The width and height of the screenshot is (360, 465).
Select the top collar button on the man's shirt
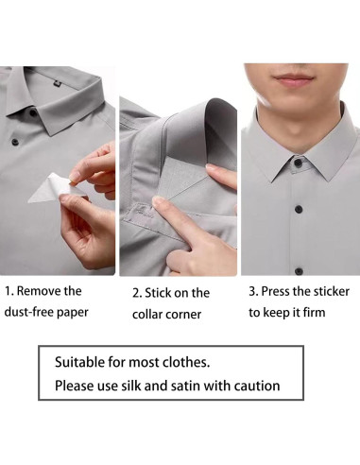tap(298, 164)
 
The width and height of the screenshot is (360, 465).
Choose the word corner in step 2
tap(187, 315)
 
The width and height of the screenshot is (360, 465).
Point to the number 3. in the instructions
tap(252, 291)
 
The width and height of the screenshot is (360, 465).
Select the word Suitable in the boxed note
tap(80, 362)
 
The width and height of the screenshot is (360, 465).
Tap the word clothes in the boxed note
tap(185, 362)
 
